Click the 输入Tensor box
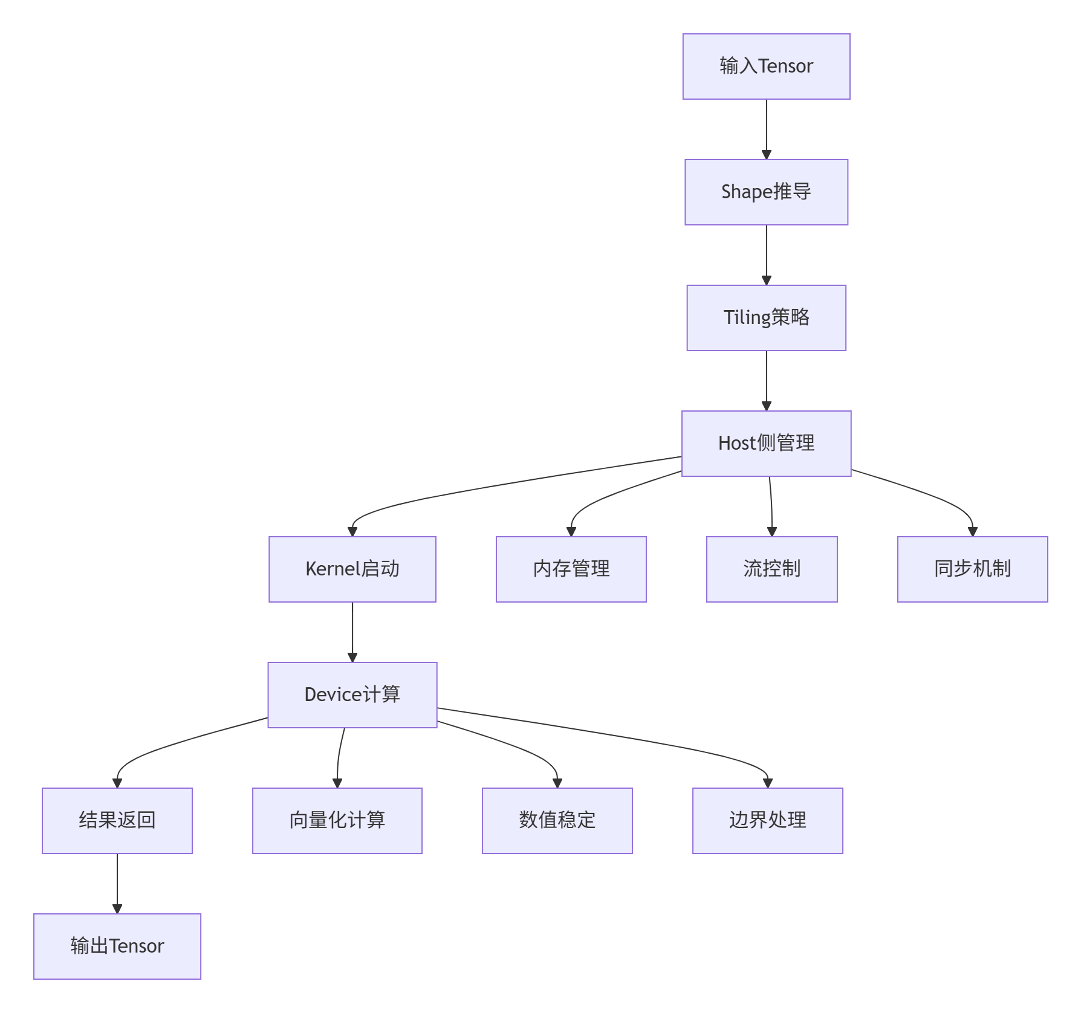pos(766,66)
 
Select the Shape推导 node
pos(766,192)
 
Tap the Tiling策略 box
pos(766,318)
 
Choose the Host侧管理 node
pos(766,444)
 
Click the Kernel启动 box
pos(352,569)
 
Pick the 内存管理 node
pos(571,569)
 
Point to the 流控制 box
pos(772,569)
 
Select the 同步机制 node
pos(972,569)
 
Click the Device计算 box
pos(352,695)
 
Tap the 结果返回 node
pos(117,821)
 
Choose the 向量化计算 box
pos(337,821)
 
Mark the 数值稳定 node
pos(557,821)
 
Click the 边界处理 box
pos(768,821)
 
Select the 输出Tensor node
pos(117,947)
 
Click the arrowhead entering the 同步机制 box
pos(972,532)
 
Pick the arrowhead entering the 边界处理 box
pos(768,783)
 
